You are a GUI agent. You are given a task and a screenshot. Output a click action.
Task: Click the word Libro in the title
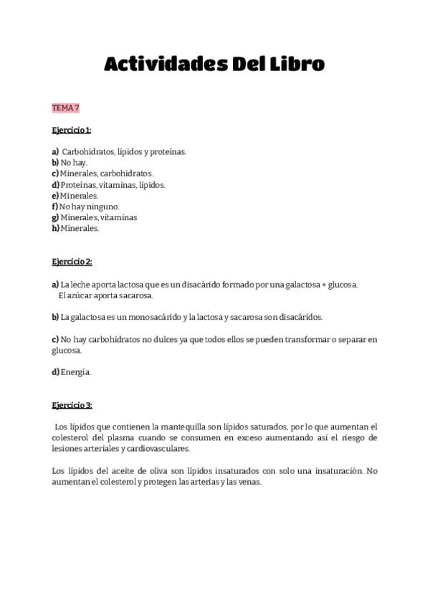coord(295,65)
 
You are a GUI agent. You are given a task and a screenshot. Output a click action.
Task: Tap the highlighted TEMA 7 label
coord(65,108)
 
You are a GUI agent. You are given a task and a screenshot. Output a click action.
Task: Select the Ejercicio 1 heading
coord(72,130)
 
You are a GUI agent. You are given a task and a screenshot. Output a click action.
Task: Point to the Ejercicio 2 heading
coord(72,262)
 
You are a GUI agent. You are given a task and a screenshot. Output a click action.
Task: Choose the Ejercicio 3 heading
coord(72,405)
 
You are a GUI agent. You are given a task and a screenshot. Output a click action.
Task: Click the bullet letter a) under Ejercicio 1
coord(55,152)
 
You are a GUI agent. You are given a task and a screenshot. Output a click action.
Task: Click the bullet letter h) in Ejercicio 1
coord(55,229)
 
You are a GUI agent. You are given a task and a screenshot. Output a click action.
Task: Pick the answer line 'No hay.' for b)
coord(74,163)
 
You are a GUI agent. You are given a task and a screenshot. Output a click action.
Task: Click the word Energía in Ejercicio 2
coord(76,372)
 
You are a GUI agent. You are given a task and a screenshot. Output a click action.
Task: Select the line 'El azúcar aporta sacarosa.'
coord(106,295)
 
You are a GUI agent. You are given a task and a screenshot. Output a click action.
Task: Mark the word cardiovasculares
coord(156,449)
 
